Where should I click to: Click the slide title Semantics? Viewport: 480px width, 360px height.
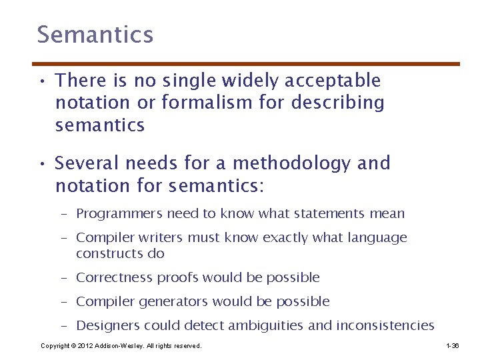[95, 35]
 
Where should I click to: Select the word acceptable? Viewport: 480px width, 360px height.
[333, 81]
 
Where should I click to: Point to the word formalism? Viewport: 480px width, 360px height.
[194, 103]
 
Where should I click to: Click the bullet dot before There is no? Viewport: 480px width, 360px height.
[41, 82]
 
